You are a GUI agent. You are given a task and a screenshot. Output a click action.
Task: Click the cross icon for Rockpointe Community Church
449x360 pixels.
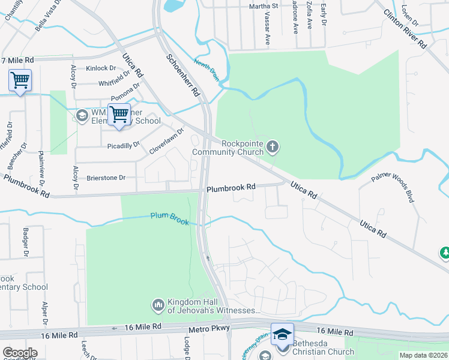tap(273, 146)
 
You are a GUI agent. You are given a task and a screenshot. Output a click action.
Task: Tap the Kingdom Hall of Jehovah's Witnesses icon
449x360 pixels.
tap(158, 305)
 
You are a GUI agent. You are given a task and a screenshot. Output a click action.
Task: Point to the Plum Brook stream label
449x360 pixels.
tap(170, 218)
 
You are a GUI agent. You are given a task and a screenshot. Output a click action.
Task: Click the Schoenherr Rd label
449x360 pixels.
tap(182, 74)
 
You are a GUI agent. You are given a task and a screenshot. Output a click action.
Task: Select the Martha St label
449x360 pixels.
tap(264, 6)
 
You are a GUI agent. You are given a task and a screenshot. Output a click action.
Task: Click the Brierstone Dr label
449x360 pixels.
tap(106, 178)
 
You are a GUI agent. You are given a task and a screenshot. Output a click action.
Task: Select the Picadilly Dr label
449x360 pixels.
tap(123, 145)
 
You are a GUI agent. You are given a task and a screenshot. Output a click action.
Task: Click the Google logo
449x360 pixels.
tap(20, 353)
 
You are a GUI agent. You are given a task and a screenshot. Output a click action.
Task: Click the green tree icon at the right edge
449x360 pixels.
tap(445, 253)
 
